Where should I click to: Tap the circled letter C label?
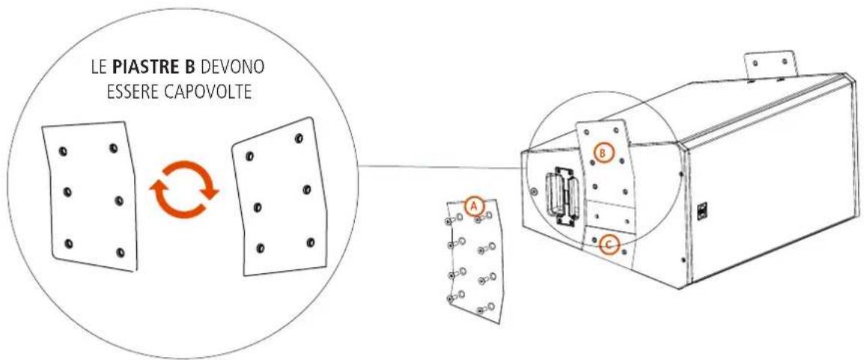pyautogui.click(x=609, y=245)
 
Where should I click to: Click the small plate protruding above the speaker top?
pyautogui.click(x=771, y=65)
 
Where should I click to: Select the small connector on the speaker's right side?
pyautogui.click(x=702, y=211)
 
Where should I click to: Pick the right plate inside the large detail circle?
pyautogui.click(x=279, y=197)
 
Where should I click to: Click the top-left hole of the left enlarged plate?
pyautogui.click(x=62, y=151)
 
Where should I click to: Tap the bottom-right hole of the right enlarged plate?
pyautogui.click(x=310, y=242)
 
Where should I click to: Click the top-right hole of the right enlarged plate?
pyautogui.click(x=299, y=138)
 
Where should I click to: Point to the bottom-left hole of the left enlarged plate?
pyautogui.click(x=69, y=243)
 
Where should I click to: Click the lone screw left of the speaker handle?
pyautogui.click(x=533, y=191)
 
